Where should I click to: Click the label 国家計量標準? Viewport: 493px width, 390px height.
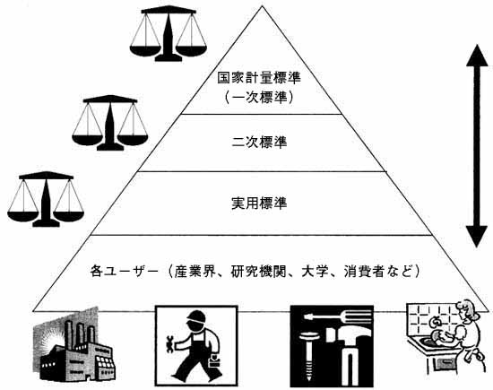point(259,78)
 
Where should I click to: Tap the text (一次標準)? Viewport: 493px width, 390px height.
point(259,98)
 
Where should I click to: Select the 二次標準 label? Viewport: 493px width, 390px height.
point(259,143)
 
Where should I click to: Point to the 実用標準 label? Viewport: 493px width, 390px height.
point(259,204)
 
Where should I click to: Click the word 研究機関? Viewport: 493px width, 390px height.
point(259,272)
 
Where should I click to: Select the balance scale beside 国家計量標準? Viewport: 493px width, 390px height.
point(169,34)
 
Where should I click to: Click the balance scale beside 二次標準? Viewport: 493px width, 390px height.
point(109,123)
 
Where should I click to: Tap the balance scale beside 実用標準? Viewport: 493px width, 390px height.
point(46,199)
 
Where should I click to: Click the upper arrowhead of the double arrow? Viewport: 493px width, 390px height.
point(477,56)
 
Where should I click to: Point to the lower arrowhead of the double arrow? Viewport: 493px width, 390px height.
point(477,237)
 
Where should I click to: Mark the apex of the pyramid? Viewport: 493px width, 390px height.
point(263,6)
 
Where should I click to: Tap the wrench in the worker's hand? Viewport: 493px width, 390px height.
point(169,343)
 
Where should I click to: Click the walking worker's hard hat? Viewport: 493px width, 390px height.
point(196,316)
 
